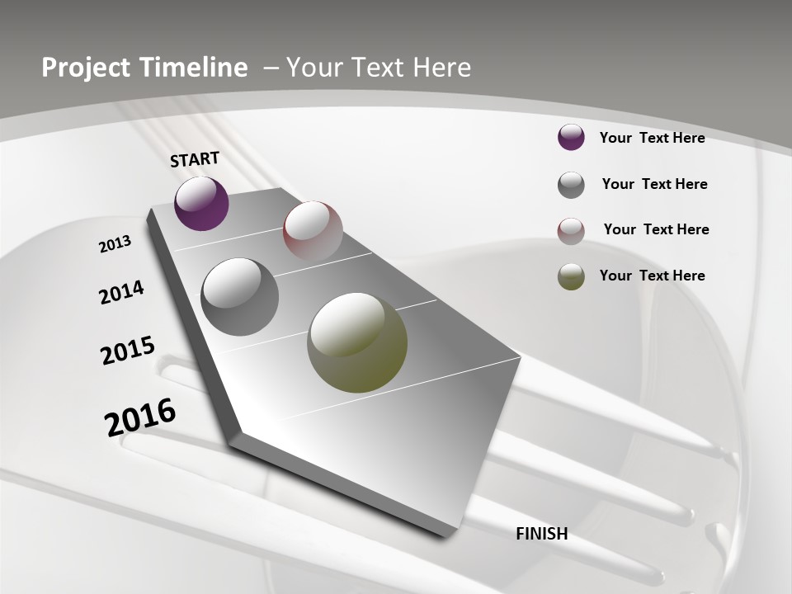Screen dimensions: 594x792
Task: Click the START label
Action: pyautogui.click(x=195, y=159)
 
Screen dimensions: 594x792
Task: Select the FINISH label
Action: pyautogui.click(x=542, y=534)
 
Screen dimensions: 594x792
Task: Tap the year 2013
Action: pyautogui.click(x=115, y=244)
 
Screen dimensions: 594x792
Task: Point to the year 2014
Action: pyautogui.click(x=121, y=292)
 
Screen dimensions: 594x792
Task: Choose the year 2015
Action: pyautogui.click(x=128, y=351)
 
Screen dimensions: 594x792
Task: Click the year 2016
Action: pyautogui.click(x=140, y=417)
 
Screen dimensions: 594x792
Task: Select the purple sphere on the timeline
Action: pyautogui.click(x=201, y=203)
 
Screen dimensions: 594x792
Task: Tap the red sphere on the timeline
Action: pyautogui.click(x=313, y=230)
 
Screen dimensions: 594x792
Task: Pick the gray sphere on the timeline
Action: pyautogui.click(x=239, y=297)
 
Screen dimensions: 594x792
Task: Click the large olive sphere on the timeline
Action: pyautogui.click(x=357, y=342)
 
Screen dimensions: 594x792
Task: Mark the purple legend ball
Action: pyautogui.click(x=571, y=137)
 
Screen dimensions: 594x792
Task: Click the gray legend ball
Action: pyautogui.click(x=571, y=185)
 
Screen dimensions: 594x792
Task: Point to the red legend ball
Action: pyautogui.click(x=571, y=231)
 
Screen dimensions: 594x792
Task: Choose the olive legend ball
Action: pyautogui.click(x=571, y=276)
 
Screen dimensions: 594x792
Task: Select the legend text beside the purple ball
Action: pyautogui.click(x=652, y=138)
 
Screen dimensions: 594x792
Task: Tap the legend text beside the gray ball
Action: pyautogui.click(x=654, y=184)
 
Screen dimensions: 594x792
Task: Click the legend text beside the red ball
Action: pyautogui.click(x=656, y=229)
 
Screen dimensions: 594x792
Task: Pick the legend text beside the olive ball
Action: pyautogui.click(x=652, y=276)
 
